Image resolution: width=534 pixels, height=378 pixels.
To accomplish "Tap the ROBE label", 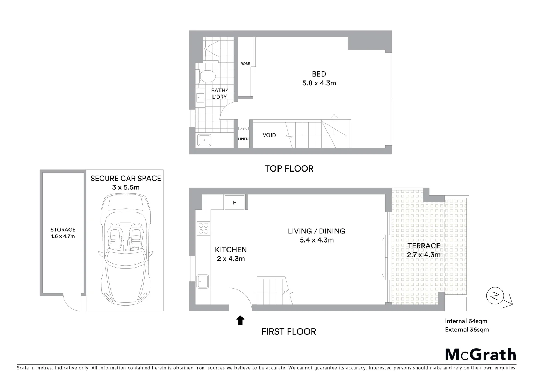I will tap(245, 64).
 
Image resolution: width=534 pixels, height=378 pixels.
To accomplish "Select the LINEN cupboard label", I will tap(243, 139).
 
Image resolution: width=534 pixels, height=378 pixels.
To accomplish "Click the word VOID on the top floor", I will tap(269, 135).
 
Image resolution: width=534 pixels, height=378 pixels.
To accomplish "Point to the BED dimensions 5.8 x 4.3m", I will tap(319, 83).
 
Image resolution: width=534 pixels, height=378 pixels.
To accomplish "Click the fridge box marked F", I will tap(234, 202).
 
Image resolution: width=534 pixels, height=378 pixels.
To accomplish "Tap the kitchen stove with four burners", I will tap(203, 228).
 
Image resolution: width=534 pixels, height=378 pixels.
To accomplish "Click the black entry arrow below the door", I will tap(240, 320).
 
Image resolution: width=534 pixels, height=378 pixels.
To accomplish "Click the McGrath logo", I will tap(480, 355).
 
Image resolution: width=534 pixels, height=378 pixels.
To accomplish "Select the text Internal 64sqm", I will tap(466, 321).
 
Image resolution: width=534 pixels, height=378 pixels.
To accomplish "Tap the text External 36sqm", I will tap(467, 329).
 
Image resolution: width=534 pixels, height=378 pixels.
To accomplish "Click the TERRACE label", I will tap(424, 246).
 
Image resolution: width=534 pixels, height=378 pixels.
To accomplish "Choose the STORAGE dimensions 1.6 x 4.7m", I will tap(63, 236).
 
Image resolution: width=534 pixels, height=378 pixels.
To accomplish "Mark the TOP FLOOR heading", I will tap(289, 168).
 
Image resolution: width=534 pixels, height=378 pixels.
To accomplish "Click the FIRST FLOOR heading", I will tap(289, 331).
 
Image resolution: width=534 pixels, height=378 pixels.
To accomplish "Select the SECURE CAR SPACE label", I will tap(125, 178).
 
